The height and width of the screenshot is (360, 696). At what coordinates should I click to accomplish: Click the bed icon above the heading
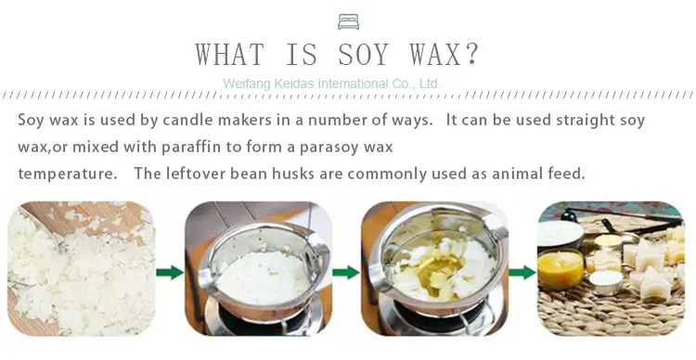(348, 21)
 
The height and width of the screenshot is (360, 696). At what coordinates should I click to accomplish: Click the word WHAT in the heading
(229, 55)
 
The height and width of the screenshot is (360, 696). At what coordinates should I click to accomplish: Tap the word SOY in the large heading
(363, 55)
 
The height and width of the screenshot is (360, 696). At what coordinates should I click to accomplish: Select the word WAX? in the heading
(444, 55)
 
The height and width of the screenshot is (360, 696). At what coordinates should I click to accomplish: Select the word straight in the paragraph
(584, 122)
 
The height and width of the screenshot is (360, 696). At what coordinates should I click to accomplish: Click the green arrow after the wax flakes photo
(170, 272)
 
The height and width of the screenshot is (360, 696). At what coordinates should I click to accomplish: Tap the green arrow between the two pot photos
(346, 272)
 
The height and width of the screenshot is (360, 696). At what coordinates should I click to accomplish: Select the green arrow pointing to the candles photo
(522, 272)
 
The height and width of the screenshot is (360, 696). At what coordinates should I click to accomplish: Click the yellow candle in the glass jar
(561, 269)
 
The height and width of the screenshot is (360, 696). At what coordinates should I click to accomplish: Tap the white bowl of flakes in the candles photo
(561, 234)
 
